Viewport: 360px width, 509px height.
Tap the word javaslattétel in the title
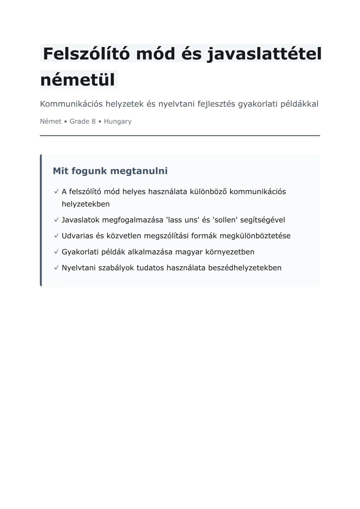coord(264,54)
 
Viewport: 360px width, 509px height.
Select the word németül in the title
coord(78,80)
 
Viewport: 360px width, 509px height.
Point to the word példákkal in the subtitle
coord(299,104)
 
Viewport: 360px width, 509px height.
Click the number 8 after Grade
coord(94,121)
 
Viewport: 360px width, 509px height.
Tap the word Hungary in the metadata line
coord(118,121)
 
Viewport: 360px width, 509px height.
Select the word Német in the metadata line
coord(51,121)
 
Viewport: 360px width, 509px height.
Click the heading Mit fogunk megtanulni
coord(110,171)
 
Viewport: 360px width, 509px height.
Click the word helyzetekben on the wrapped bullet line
coord(86,204)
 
